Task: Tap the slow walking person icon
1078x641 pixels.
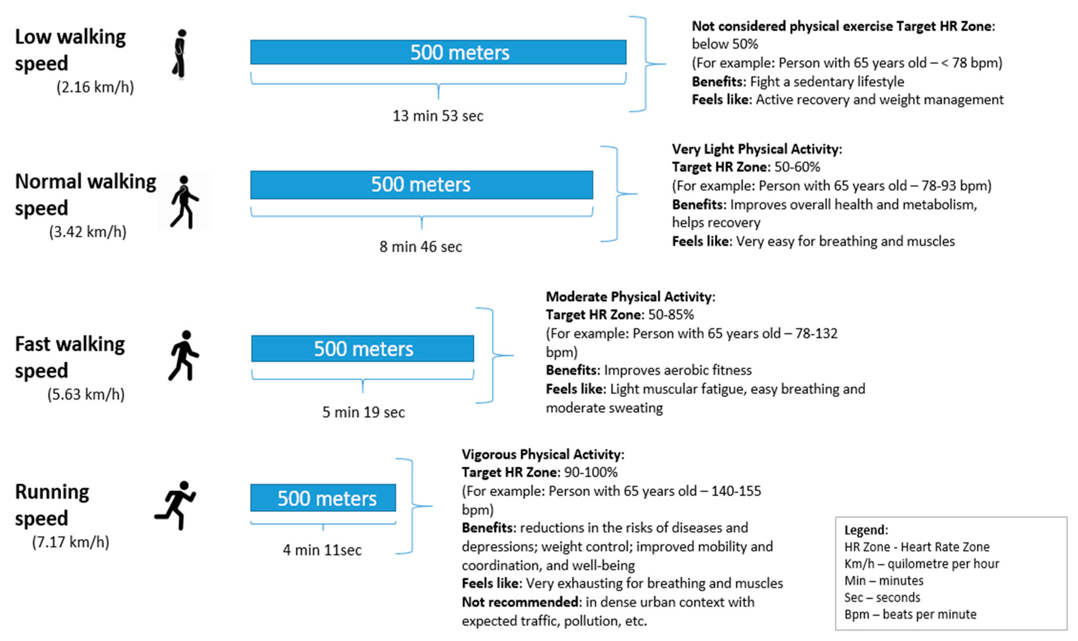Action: [180, 54]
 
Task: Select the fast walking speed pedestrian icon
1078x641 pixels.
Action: [184, 356]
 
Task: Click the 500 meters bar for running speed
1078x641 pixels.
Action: [323, 498]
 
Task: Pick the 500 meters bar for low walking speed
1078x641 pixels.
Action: [438, 52]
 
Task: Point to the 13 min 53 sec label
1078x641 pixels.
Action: [438, 116]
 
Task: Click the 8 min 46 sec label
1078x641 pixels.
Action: [421, 247]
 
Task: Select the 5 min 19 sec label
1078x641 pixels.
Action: [363, 412]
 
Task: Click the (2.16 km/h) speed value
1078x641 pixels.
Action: [95, 87]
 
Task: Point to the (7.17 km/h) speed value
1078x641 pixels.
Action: [70, 542]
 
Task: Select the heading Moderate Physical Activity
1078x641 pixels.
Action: [630, 297]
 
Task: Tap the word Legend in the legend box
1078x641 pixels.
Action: [865, 530]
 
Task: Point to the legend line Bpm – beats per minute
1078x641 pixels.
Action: [910, 614]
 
